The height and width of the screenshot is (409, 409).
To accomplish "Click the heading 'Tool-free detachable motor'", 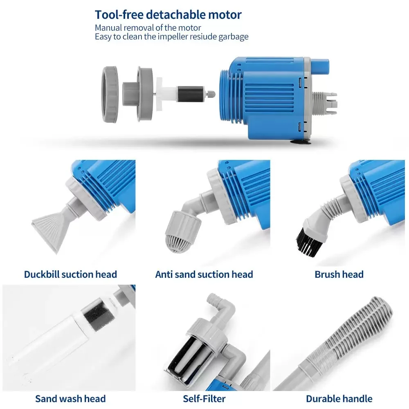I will pyautogui.click(x=168, y=15).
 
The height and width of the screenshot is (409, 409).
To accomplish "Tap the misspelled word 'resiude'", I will pyautogui.click(x=202, y=37).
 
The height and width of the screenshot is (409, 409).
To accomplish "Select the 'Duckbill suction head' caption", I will pyautogui.click(x=70, y=274).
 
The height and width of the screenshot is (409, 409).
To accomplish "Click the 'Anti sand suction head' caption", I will pyautogui.click(x=204, y=274).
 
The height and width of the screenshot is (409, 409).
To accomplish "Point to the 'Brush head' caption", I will pyautogui.click(x=339, y=274).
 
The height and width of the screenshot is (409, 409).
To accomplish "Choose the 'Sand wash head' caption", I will pyautogui.click(x=70, y=399).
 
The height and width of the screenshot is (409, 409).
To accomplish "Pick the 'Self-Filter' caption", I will pyautogui.click(x=204, y=399).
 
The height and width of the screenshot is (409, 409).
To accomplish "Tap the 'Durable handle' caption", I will pyautogui.click(x=339, y=399).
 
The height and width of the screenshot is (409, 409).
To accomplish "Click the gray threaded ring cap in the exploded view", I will pyautogui.click(x=110, y=94).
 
